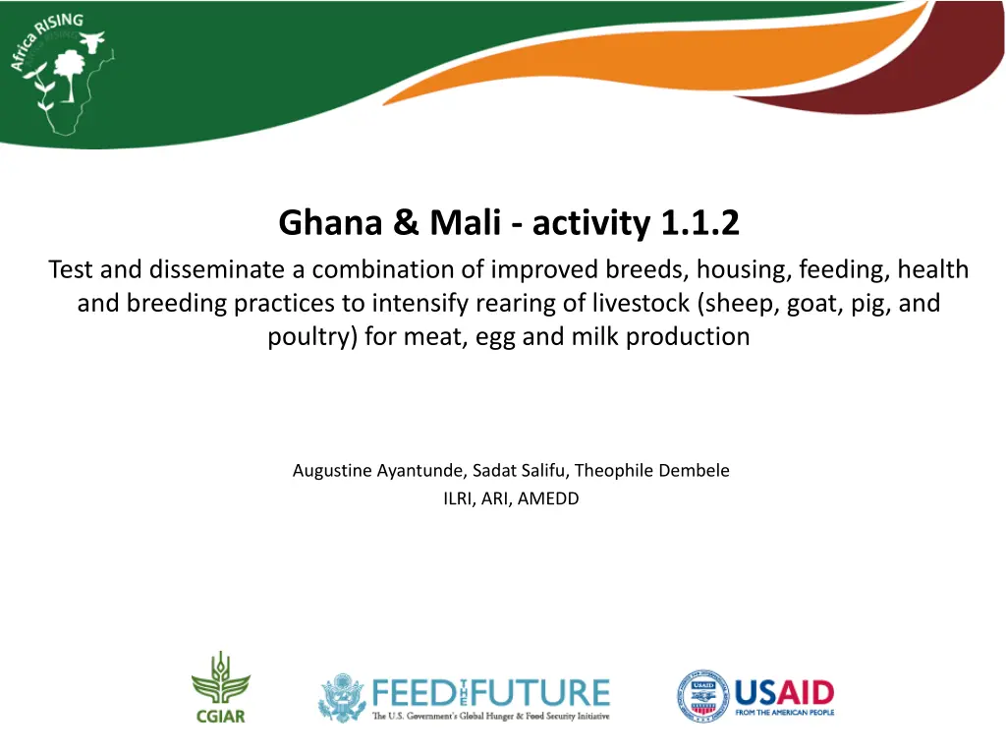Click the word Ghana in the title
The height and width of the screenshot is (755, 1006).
330,223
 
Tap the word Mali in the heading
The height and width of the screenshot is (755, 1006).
465,223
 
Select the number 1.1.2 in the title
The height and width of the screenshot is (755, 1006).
699,223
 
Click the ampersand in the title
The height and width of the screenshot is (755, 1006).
406,223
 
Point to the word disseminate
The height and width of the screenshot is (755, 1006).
217,269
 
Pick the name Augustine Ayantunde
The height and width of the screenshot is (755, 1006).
377,471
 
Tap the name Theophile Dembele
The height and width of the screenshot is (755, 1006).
652,471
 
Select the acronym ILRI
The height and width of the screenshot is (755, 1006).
458,498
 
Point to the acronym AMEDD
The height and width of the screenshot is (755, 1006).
548,498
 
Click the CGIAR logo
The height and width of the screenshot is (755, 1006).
221,688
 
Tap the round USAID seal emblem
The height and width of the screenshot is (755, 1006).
702,696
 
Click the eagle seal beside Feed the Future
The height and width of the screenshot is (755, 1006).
343,698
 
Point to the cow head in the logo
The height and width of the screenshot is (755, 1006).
91,41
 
